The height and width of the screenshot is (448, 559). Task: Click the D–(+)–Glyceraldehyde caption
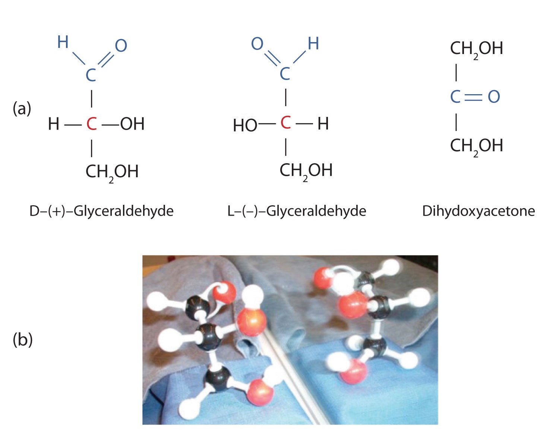tap(101, 211)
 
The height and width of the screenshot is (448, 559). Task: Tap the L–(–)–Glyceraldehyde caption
tap(297, 211)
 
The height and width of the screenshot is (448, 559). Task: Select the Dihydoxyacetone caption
tap(479, 211)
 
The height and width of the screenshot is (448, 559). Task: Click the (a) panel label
tap(22, 109)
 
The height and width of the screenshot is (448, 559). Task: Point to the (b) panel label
tap(23, 340)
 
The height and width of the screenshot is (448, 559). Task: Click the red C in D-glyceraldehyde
tap(91, 124)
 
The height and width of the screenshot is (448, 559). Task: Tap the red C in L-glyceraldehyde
tap(285, 123)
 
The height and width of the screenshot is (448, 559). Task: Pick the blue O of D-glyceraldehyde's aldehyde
tap(121, 46)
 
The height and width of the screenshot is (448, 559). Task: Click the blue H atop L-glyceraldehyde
tap(313, 44)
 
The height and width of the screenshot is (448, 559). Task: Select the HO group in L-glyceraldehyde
tap(245, 126)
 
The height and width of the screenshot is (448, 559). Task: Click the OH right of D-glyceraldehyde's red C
tap(132, 124)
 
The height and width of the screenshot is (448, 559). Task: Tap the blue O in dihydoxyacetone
tap(494, 97)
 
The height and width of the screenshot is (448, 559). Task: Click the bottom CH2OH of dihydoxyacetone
tap(476, 146)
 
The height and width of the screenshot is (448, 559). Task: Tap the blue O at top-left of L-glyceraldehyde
tap(257, 44)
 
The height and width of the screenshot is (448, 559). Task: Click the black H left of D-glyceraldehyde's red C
tap(54, 124)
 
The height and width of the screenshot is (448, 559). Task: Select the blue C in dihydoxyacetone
tap(455, 97)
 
